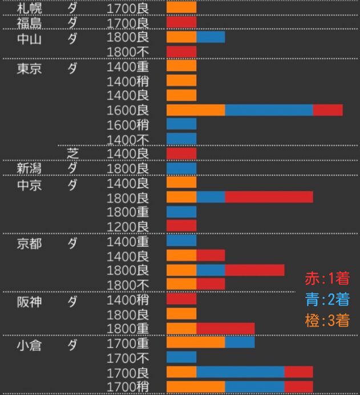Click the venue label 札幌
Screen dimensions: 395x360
(x=29, y=8)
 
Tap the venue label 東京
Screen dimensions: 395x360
(x=29, y=67)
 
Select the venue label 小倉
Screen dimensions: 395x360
(x=29, y=345)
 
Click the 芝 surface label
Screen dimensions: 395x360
(x=72, y=153)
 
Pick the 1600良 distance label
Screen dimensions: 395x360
(x=128, y=110)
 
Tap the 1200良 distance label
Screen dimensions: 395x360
(x=128, y=226)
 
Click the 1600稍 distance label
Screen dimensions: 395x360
(x=128, y=124)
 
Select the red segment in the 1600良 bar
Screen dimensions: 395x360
(x=327, y=110)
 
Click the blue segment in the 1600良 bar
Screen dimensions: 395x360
(x=269, y=110)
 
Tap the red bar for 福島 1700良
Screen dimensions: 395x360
(x=181, y=23)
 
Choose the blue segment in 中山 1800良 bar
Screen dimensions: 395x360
(x=211, y=37)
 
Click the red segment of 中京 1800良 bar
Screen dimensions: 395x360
(x=269, y=197)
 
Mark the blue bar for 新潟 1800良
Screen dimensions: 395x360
(x=181, y=168)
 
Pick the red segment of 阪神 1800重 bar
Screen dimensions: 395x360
(x=225, y=328)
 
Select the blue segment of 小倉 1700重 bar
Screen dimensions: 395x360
(x=240, y=343)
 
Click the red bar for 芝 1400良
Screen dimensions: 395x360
(x=181, y=153)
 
